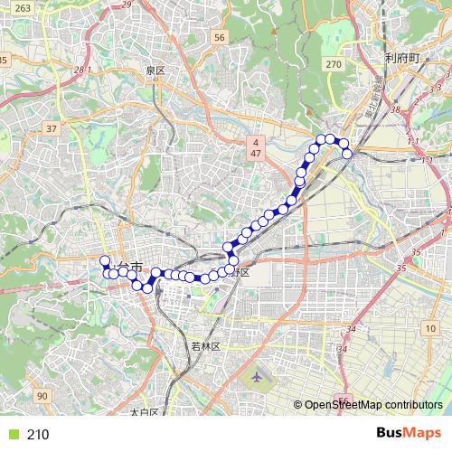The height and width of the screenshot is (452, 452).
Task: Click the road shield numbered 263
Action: pos(24,7)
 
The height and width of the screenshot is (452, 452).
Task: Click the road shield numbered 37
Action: pos(51,128)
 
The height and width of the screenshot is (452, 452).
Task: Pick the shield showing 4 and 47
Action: pos(257,149)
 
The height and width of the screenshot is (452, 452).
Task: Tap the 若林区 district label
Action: pos(206,346)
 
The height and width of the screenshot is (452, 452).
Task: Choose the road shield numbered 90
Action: pos(42,395)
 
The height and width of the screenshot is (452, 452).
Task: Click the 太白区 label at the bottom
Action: pos(144,412)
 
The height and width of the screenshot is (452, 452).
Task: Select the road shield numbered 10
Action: pos(431,325)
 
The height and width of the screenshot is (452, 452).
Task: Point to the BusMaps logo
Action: pos(408,434)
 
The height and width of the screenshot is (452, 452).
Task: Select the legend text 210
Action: pos(38,435)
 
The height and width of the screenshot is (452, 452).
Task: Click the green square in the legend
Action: pos(12,435)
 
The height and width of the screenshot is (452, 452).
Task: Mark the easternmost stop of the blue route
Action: pos(347,153)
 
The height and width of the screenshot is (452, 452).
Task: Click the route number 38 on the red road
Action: pos(394,109)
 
